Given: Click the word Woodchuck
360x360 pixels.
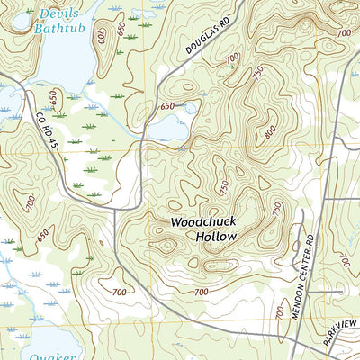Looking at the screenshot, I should [x=204, y=220].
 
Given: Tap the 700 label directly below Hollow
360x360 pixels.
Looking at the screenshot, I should [x=200, y=292].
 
